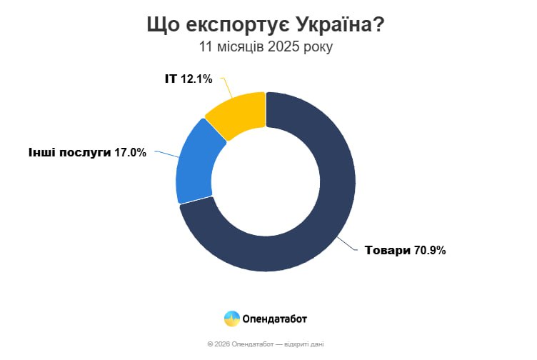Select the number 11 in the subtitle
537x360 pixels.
click(206, 47)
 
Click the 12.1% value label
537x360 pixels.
click(196, 79)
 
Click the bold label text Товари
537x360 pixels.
click(388, 251)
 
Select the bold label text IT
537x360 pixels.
click(171, 79)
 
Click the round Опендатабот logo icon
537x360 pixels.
click(231, 318)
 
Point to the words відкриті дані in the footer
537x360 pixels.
click(306, 344)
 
